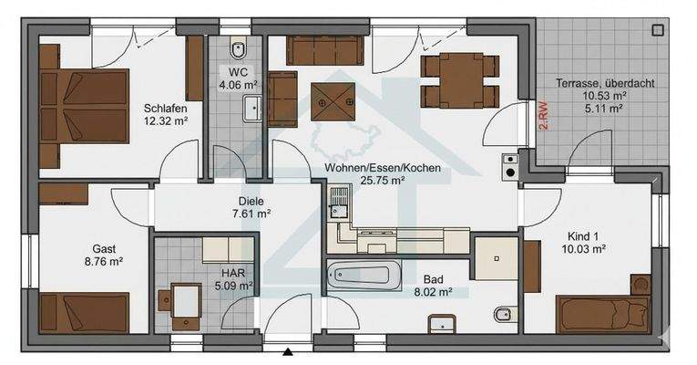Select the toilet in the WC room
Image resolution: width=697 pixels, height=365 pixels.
pos(239,49)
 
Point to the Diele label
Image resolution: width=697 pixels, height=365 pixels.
pos(238,201)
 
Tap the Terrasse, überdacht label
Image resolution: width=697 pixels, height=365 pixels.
pos(592,83)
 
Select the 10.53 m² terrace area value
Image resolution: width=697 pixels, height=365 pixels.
pos(591,95)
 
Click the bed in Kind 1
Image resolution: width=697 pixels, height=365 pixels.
pos(602,314)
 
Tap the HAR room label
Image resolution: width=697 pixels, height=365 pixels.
pos(232,271)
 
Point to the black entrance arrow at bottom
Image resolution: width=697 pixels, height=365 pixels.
pos(288,352)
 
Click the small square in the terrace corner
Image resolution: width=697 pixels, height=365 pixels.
pos(658,29)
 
